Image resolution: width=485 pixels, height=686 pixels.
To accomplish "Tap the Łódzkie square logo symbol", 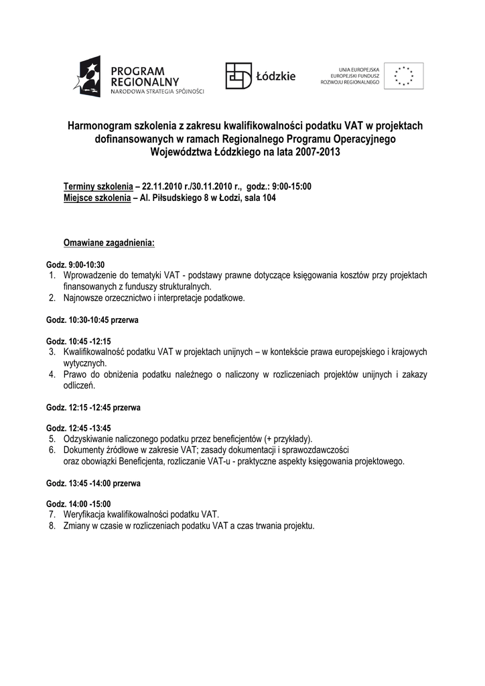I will [x=238, y=76].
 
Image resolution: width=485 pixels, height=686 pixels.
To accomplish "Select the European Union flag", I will [x=403, y=76].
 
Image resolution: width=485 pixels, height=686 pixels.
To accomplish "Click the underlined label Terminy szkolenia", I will [x=98, y=186].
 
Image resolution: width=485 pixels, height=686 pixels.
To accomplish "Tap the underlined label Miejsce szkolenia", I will [x=96, y=198].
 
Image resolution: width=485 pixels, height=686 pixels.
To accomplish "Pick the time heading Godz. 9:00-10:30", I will [x=76, y=265].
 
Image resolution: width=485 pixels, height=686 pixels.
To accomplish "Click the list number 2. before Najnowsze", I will [x=52, y=298].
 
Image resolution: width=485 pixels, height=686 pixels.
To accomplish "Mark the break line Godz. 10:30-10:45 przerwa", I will [x=92, y=320].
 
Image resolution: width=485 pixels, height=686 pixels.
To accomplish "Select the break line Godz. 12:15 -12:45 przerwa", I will [x=93, y=407].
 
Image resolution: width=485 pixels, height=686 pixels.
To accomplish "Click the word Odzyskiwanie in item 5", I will [x=87, y=439].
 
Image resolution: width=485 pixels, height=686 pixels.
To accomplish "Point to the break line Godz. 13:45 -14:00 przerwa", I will [x=93, y=483].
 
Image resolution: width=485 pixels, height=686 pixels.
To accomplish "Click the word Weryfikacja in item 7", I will [x=84, y=514].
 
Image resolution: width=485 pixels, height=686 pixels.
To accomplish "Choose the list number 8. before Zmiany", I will [x=52, y=526].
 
